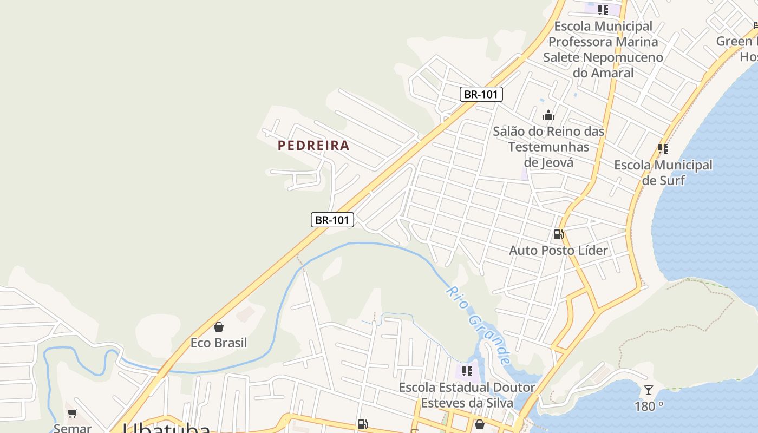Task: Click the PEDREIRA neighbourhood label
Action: click(313, 146)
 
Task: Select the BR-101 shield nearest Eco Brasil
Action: click(332, 220)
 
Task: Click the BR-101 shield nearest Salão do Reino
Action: click(481, 94)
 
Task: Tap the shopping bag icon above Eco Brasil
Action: click(219, 327)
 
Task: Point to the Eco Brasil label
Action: click(219, 343)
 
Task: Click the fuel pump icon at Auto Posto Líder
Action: click(558, 234)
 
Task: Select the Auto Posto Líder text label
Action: click(558, 250)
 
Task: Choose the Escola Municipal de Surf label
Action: click(663, 172)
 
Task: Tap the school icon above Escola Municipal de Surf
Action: click(663, 148)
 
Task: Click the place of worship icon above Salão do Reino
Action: click(548, 115)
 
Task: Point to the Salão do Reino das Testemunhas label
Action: click(548, 146)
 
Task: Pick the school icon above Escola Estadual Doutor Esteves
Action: click(467, 371)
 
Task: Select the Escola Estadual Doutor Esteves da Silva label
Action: click(467, 395)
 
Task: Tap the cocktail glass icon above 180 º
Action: click(648, 390)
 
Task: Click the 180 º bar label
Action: click(649, 406)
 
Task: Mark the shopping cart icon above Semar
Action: click(72, 414)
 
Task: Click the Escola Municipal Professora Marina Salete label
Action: click(603, 49)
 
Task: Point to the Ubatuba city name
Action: click(166, 429)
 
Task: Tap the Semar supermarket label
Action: click(72, 428)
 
